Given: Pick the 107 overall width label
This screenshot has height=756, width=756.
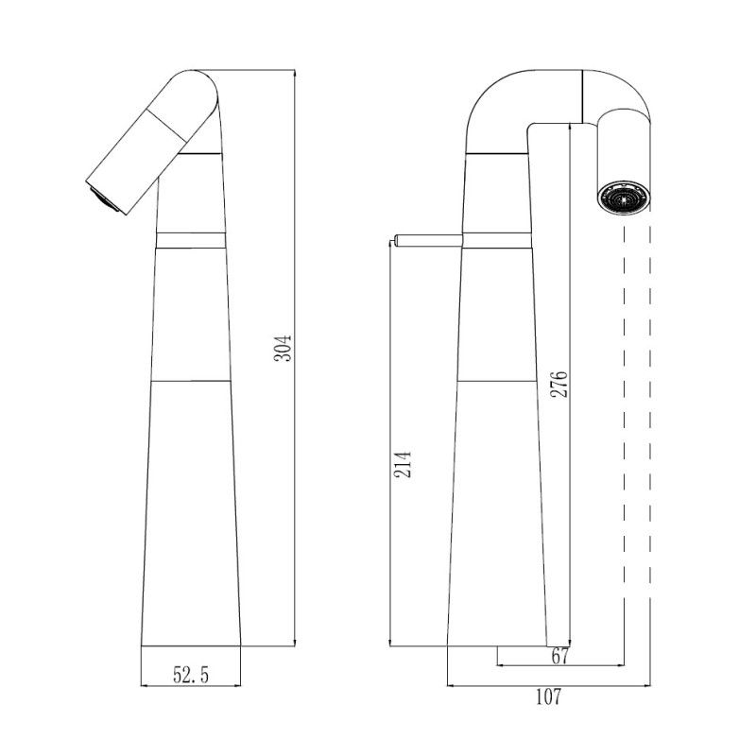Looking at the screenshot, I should tap(548, 697).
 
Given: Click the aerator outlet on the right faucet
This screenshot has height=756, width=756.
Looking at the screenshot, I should tap(625, 198).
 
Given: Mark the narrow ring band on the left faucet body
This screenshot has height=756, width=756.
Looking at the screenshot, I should tap(191, 238).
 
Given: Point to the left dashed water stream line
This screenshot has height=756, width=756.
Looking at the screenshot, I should tap(623, 425).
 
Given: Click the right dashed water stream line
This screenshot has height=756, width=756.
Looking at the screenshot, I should tap(650, 425).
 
